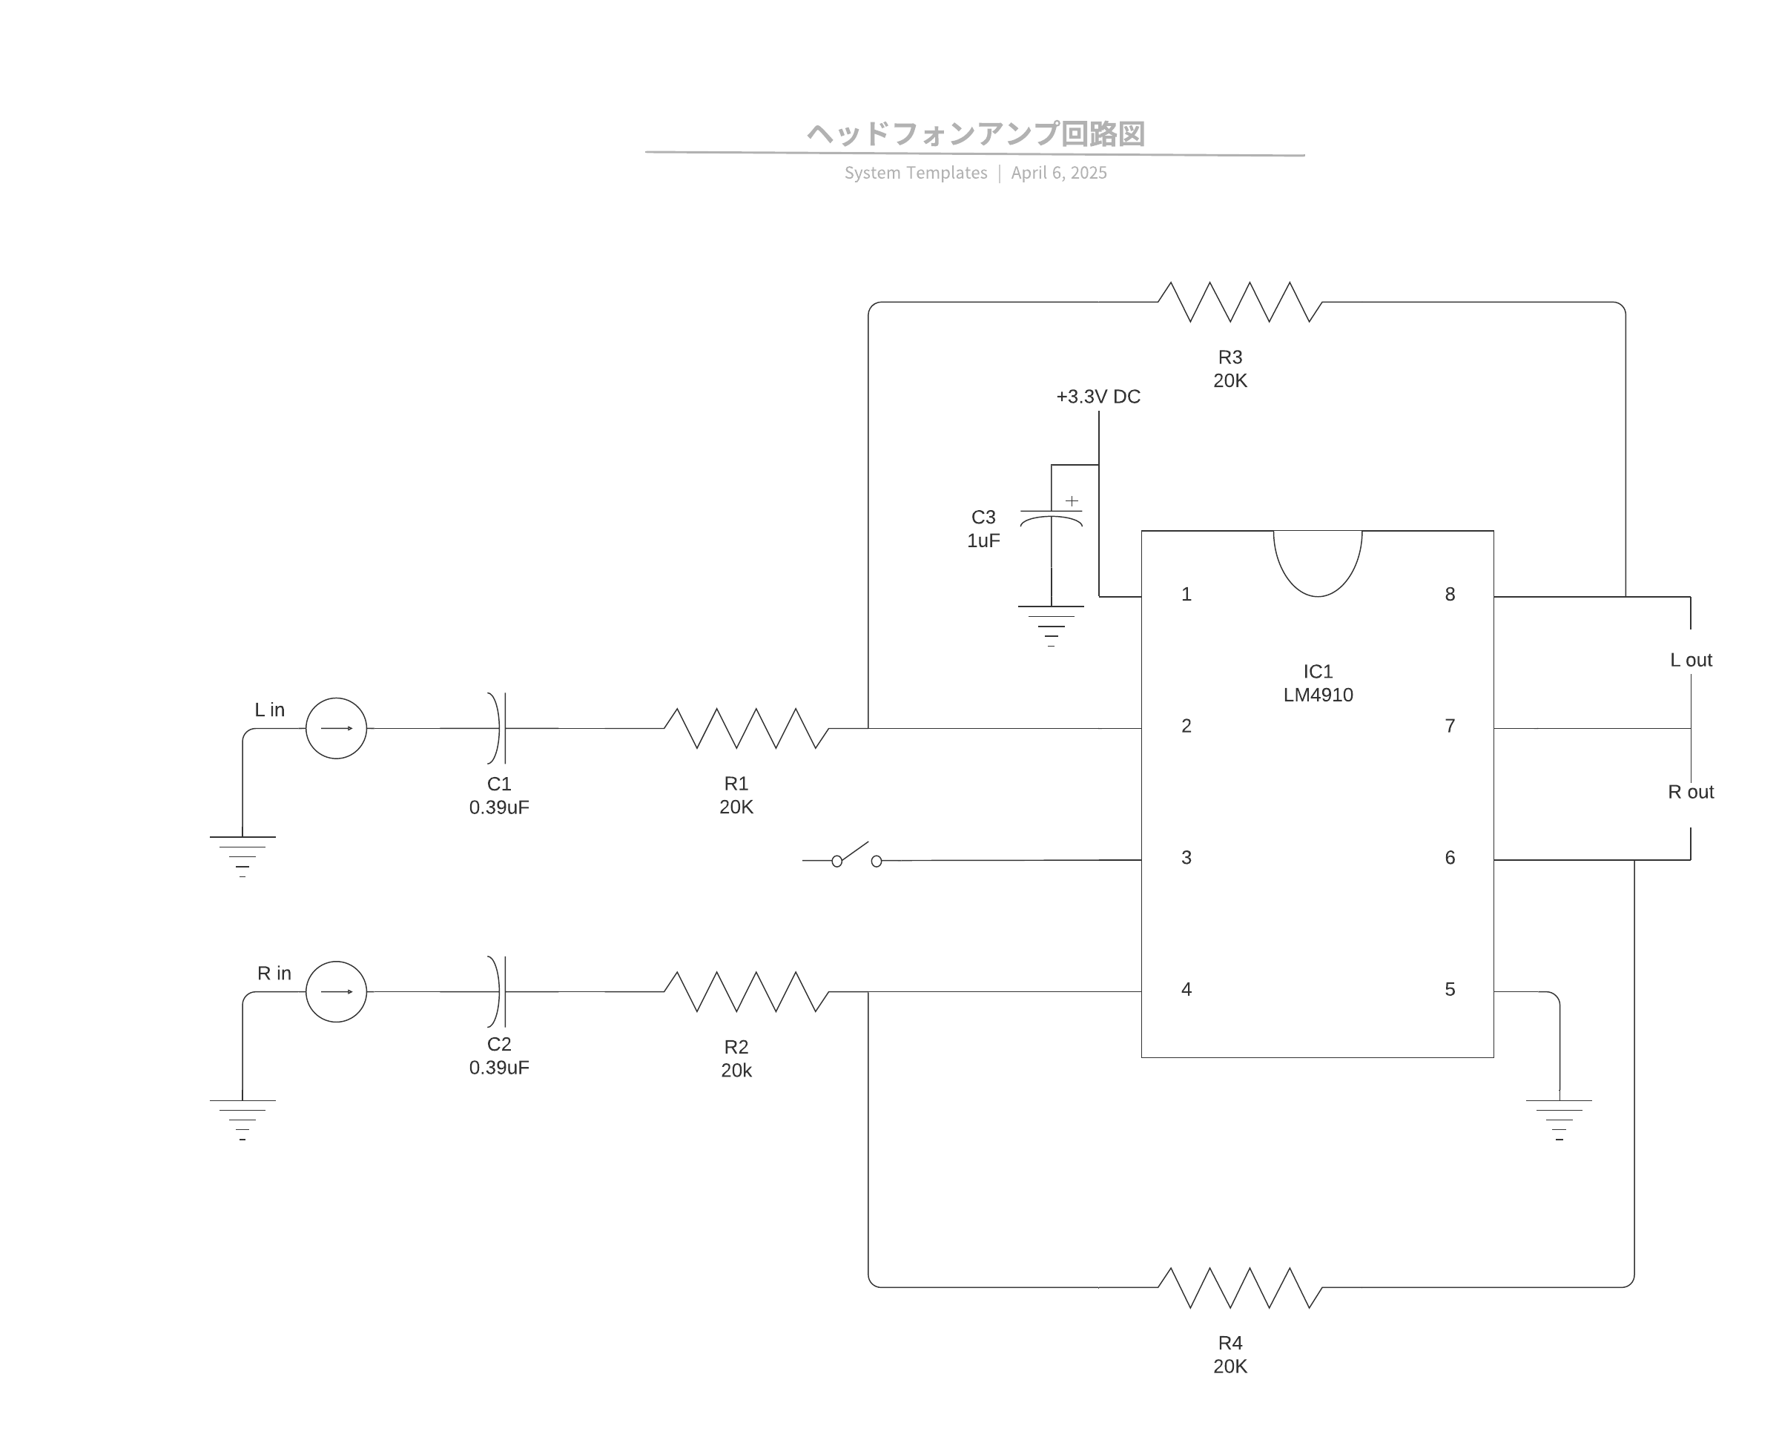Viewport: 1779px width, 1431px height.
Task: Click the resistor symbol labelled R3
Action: [1239, 302]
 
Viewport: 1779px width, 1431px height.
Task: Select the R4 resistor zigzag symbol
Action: [1239, 1287]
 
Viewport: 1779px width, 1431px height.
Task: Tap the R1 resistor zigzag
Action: [746, 728]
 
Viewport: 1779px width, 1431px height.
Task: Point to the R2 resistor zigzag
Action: [746, 991]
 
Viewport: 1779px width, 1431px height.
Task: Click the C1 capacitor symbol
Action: [498, 728]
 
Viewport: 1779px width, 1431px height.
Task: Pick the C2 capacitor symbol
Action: [498, 991]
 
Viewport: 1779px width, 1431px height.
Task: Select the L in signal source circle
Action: [336, 728]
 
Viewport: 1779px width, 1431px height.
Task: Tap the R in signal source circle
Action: [336, 991]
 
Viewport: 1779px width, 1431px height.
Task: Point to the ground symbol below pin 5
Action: [1559, 1118]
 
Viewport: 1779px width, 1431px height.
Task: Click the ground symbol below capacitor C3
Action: [1052, 624]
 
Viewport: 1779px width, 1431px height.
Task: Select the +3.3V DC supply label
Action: [1098, 397]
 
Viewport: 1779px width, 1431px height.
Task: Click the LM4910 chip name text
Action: [1318, 695]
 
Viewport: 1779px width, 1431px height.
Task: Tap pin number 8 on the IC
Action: [1450, 595]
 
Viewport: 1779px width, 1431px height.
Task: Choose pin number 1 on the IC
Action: [1186, 595]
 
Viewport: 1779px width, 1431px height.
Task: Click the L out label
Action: [1691, 660]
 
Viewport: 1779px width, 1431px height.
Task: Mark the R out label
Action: [1691, 792]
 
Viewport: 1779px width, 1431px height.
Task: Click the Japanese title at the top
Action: [975, 133]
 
